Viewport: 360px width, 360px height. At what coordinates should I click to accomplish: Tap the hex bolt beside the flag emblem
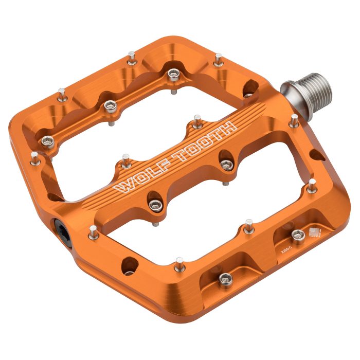[296, 235]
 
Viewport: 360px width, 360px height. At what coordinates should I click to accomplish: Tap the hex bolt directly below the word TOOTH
[227, 165]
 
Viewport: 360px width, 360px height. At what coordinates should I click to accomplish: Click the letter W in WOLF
[121, 186]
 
